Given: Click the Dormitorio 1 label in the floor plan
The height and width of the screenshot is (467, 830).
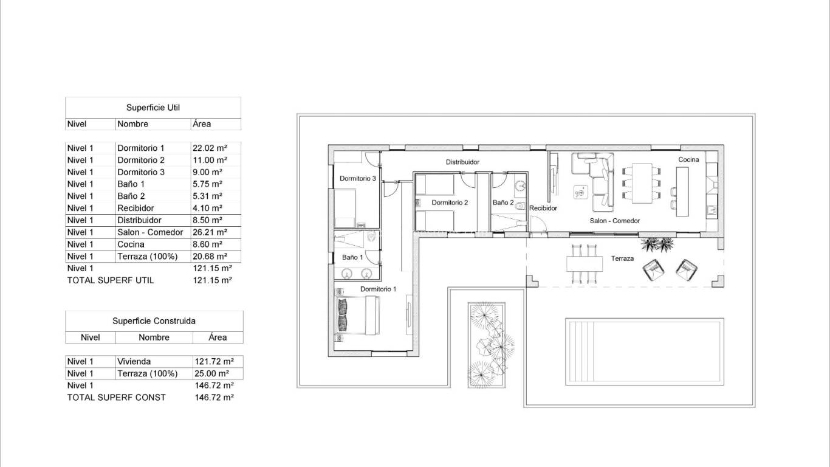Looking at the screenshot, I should [378, 289].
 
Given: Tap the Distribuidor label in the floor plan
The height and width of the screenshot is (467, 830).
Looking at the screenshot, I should [462, 162].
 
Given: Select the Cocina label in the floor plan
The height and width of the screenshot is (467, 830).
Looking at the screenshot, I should [688, 159].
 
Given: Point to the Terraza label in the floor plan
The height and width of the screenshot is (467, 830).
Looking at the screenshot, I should [622, 258].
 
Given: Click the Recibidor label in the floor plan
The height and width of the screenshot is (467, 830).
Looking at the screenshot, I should [543, 208].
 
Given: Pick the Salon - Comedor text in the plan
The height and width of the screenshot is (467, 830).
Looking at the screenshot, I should [614, 221].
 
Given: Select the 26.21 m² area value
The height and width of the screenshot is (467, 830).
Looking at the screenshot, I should [210, 232].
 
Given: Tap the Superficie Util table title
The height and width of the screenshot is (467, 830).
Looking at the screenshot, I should [153, 108].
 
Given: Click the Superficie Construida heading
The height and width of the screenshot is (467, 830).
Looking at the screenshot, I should [154, 321].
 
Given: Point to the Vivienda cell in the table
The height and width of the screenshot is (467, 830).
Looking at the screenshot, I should [134, 361].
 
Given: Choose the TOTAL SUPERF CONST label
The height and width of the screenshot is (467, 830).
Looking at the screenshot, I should [116, 397].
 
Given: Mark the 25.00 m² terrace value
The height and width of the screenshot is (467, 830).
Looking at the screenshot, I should [211, 373].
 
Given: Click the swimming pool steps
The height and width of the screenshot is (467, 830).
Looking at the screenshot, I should [580, 351].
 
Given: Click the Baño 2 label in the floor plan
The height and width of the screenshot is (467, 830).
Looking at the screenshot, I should [502, 202].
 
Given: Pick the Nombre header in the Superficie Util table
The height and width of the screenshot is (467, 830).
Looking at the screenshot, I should [132, 124].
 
